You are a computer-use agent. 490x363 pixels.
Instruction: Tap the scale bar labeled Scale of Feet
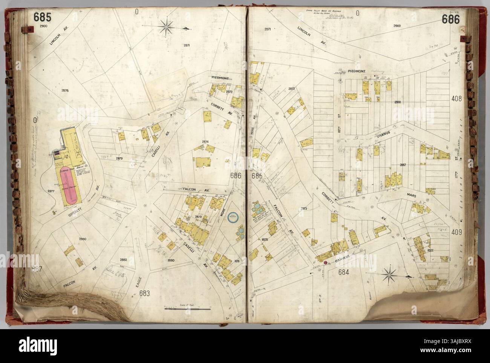tap(187, 309)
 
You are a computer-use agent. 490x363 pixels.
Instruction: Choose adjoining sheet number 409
tap(456, 232)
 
